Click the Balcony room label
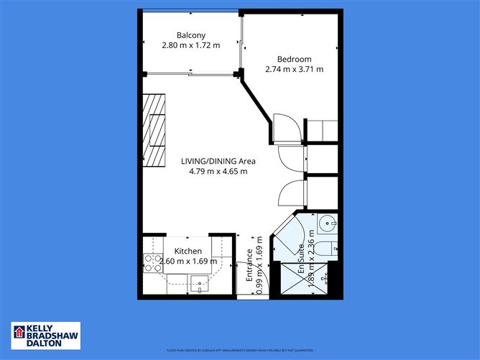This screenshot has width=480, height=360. click(191, 34)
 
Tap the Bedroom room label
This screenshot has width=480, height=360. click(295, 59)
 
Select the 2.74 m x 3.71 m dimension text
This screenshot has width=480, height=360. click(295, 70)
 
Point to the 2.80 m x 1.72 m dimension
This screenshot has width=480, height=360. click(191, 45)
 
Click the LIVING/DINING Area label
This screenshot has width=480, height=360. click(218, 161)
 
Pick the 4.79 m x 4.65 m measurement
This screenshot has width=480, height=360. click(218, 172)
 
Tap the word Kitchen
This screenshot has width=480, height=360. click(188, 251)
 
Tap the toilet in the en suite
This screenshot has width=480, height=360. click(326, 249)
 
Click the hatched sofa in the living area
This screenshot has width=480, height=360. click(154, 129)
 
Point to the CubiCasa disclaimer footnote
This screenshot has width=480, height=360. click(239, 349)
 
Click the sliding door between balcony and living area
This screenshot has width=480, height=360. click(190, 73)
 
